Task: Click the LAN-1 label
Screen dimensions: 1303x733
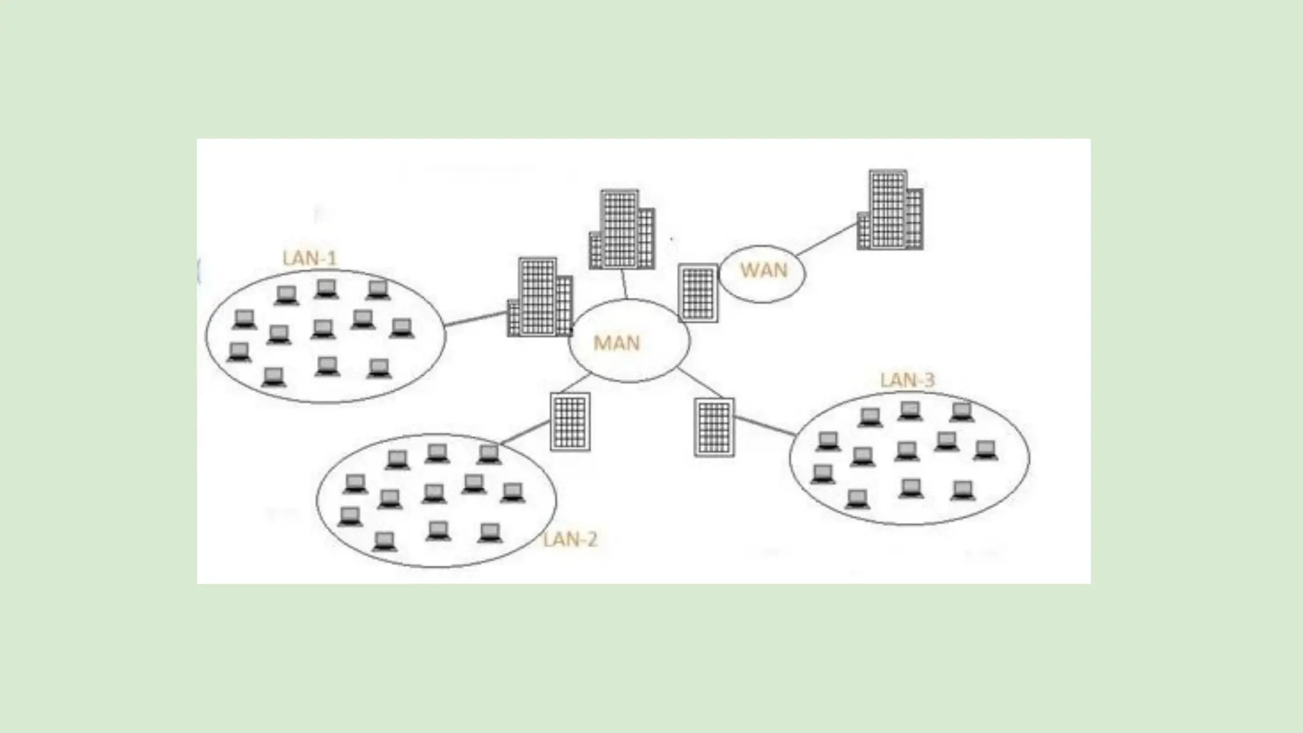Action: pyautogui.click(x=309, y=258)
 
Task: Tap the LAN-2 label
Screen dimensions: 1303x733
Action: pyautogui.click(x=570, y=540)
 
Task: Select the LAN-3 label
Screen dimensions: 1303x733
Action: pyautogui.click(x=907, y=380)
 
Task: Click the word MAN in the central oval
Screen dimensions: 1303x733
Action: pyautogui.click(x=616, y=343)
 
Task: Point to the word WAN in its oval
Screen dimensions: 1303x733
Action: pyautogui.click(x=763, y=270)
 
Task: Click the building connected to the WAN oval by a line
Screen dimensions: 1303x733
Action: pyautogui.click(x=890, y=210)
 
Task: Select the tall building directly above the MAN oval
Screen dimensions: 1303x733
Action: pyautogui.click(x=622, y=230)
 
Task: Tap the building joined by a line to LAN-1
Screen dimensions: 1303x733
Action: pyautogui.click(x=540, y=298)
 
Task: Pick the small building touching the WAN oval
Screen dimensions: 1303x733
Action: pyautogui.click(x=698, y=293)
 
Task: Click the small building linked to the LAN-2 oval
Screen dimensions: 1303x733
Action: pyautogui.click(x=569, y=422)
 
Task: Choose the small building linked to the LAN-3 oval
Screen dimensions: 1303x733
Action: pyautogui.click(x=714, y=427)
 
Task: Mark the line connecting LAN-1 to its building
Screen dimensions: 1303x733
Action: pyautogui.click(x=475, y=319)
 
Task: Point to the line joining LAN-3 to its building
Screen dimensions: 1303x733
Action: pyautogui.click(x=765, y=426)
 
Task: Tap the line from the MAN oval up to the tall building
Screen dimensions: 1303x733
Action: pyautogui.click(x=625, y=284)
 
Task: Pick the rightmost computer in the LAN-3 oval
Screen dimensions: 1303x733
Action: pyautogui.click(x=985, y=450)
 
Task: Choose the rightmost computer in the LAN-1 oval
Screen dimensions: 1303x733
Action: pyautogui.click(x=401, y=328)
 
